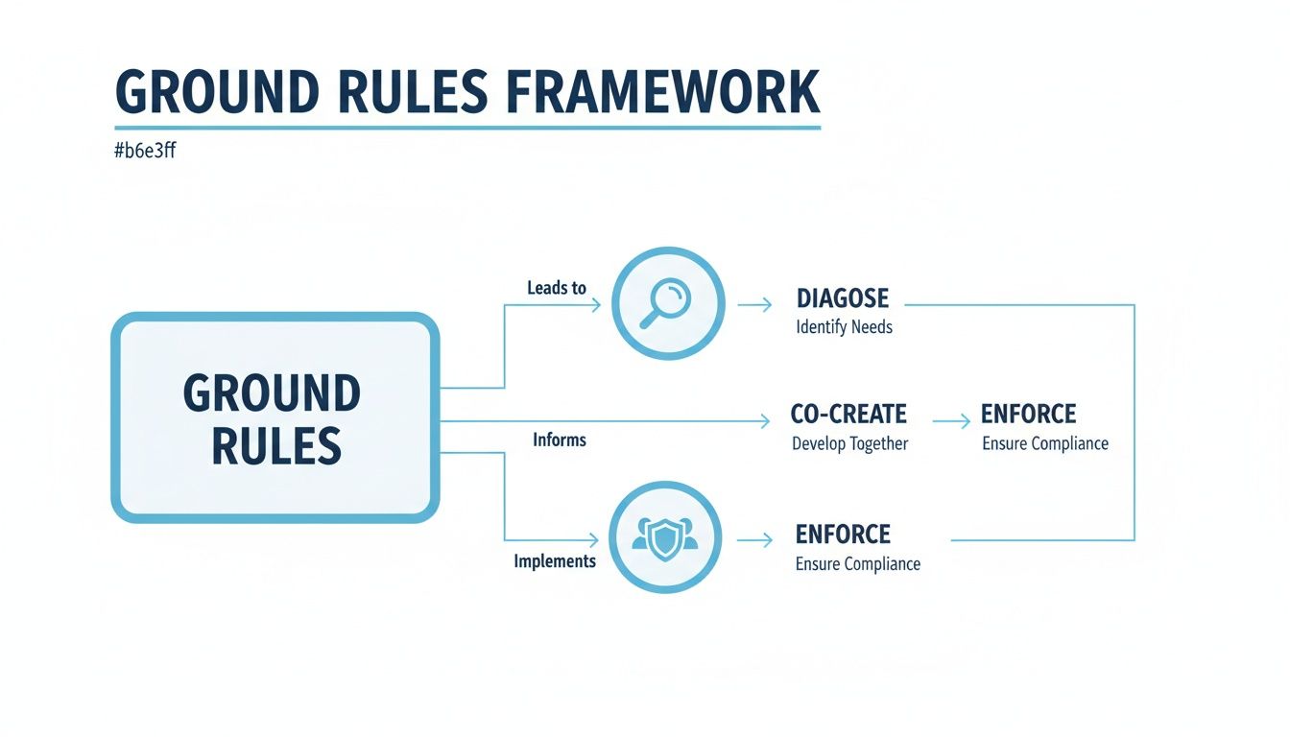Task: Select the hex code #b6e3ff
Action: click(x=145, y=151)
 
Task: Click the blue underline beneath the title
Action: click(x=467, y=127)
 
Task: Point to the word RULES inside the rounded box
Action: click(x=276, y=445)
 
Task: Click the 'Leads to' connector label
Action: click(x=557, y=288)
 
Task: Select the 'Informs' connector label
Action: click(x=560, y=440)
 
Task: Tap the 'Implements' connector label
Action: click(x=555, y=561)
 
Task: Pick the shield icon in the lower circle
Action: click(x=665, y=538)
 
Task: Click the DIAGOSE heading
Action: click(x=843, y=298)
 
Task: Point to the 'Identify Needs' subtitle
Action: click(x=845, y=327)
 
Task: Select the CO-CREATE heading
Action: click(x=848, y=415)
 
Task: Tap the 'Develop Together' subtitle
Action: click(x=850, y=444)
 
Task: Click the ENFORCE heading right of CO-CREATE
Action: click(x=1028, y=415)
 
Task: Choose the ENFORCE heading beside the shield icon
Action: click(x=843, y=535)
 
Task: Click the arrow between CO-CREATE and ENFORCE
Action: click(x=951, y=420)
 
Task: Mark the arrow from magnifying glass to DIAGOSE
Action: click(x=754, y=304)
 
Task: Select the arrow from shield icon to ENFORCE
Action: click(x=754, y=540)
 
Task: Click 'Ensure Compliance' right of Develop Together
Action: click(x=1045, y=444)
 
